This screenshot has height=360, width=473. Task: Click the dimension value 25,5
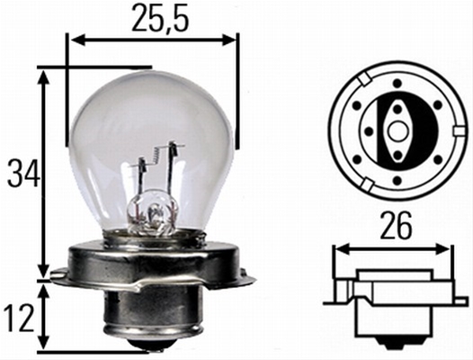(x=160, y=17)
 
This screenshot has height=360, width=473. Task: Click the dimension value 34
(x=23, y=173)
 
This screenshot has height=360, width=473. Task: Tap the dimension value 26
(x=396, y=225)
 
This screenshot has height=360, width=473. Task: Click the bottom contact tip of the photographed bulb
(x=148, y=344)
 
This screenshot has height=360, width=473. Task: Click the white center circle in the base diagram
(x=397, y=131)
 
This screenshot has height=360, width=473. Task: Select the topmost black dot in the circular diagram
(x=397, y=83)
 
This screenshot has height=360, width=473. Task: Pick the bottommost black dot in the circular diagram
(x=397, y=180)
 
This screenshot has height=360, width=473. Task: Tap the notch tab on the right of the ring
(x=460, y=131)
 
